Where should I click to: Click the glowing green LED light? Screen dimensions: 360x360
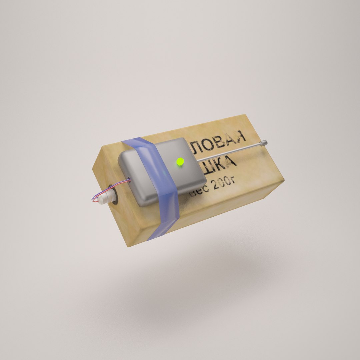point(180,162)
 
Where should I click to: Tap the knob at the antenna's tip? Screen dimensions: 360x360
point(264,143)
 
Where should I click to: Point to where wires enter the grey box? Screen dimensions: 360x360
point(129,181)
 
